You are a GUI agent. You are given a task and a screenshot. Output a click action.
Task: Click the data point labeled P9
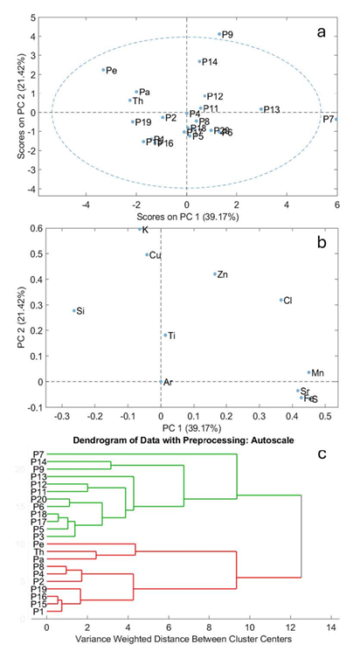(x=219, y=34)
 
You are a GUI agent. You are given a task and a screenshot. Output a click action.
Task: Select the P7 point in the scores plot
(x=336, y=119)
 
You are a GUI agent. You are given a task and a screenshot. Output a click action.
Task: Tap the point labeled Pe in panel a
(x=103, y=70)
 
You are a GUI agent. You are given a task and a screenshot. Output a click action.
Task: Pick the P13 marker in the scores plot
(x=261, y=109)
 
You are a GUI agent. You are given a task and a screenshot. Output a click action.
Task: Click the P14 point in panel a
(x=199, y=62)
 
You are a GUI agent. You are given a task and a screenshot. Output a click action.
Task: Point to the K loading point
(x=140, y=230)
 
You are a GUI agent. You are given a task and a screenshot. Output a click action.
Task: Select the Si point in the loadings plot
(x=74, y=310)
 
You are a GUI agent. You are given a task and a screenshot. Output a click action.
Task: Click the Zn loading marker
(x=215, y=274)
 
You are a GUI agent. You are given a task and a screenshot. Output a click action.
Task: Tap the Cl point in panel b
(x=280, y=300)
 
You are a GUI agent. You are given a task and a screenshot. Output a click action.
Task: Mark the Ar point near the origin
(x=161, y=382)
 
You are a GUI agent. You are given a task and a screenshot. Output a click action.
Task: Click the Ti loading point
(x=164, y=335)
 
